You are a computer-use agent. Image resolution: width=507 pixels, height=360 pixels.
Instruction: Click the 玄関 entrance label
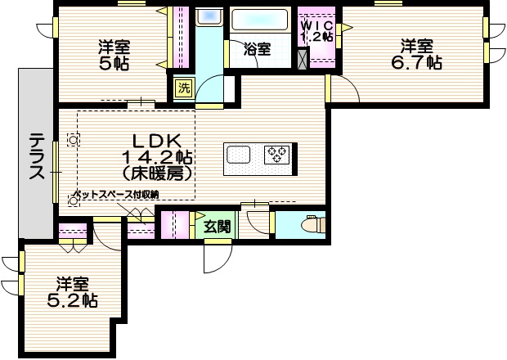pyautogui.click(x=217, y=226)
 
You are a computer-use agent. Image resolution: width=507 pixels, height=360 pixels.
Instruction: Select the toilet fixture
pyautogui.click(x=312, y=223)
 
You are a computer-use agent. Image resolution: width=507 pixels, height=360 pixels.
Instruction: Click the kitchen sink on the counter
pyautogui.click(x=241, y=153)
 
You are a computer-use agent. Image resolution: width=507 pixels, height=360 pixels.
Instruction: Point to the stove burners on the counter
pyautogui.click(x=276, y=153)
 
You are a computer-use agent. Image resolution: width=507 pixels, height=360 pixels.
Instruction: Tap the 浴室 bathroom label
pyautogui.click(x=258, y=49)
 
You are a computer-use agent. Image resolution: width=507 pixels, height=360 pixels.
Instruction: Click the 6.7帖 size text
pyautogui.click(x=421, y=62)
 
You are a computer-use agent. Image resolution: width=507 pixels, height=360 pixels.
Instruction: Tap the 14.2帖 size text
pyautogui.click(x=157, y=156)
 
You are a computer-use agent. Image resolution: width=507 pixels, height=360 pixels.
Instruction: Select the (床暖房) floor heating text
pyautogui.click(x=157, y=173)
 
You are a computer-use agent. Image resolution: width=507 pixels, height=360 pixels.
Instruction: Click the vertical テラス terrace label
pyautogui.click(x=37, y=155)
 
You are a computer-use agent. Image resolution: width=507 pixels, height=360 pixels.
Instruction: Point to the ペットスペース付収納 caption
pyautogui.click(x=115, y=194)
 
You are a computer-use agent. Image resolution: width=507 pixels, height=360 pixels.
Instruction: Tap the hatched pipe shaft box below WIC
pyautogui.click(x=304, y=59)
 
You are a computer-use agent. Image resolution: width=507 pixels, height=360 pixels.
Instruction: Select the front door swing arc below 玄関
pyautogui.click(x=217, y=260)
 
